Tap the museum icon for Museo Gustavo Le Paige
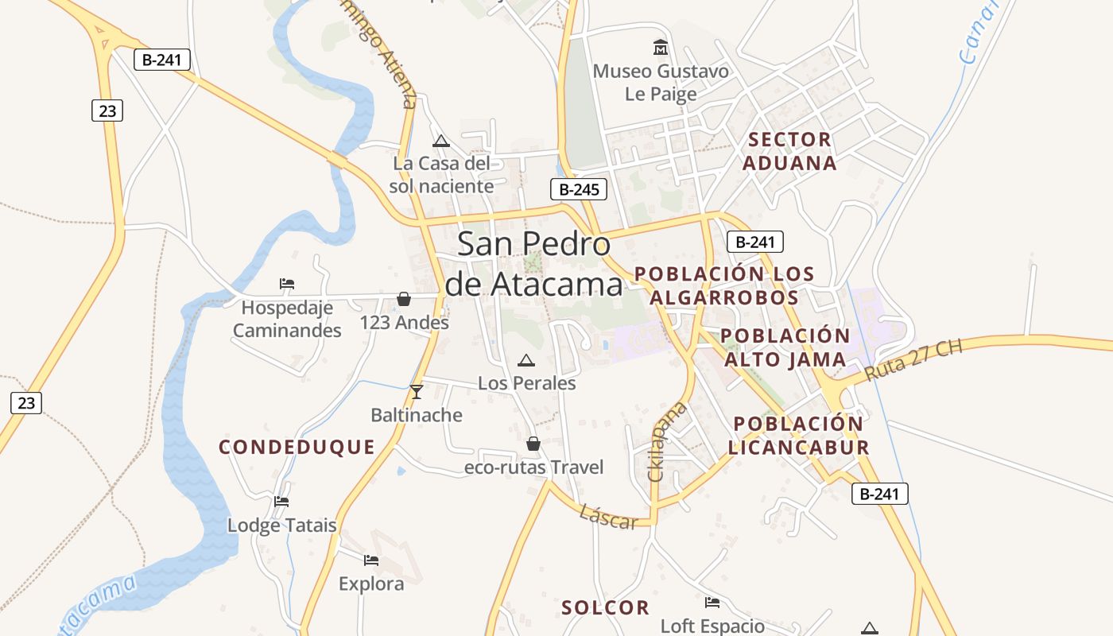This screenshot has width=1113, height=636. coord(660,48)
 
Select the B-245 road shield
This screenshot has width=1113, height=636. coord(579,189)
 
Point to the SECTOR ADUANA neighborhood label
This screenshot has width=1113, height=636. coord(791,151)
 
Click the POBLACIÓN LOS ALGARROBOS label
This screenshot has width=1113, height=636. coord(724,285)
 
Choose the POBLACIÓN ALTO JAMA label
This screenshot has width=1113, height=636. coord(785,347)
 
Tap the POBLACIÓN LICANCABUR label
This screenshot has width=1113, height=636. coord(798,436)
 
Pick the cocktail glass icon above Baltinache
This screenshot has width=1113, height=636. coord(416,391)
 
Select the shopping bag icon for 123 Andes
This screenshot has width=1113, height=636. coord(404,299)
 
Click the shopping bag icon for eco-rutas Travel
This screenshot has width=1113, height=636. coord(533,444)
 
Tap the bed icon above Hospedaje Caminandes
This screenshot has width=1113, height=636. coord(287,283)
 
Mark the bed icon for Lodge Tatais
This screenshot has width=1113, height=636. coord(281,502)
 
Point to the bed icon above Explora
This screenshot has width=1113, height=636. coord(371,560)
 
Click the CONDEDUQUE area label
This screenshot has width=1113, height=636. coord(297,447)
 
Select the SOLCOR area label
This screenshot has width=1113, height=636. coord(605,608)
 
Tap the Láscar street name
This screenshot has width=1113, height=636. coord(609,517)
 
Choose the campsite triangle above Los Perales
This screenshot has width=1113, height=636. coord(526,361)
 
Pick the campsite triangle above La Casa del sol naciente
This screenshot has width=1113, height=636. coord(441,142)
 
